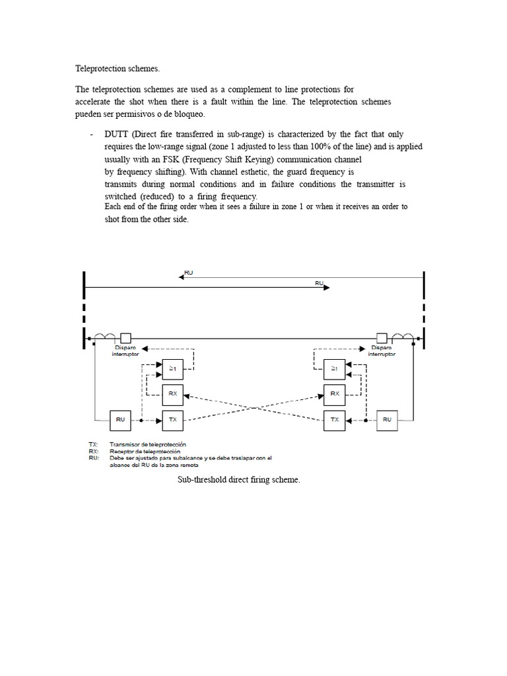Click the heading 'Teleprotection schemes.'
coord(118,68)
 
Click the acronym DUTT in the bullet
coord(118,134)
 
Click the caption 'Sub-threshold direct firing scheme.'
coord(238,480)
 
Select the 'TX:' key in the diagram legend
coord(94,444)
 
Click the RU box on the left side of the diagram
coord(120,419)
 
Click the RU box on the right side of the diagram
coord(387,419)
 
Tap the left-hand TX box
coord(172,419)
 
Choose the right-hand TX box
coord(334,419)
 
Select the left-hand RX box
coord(172,393)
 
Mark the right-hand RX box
coord(334,393)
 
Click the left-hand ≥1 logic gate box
coord(172,368)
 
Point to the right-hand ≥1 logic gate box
coord(334,368)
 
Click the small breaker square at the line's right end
coord(381,337)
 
